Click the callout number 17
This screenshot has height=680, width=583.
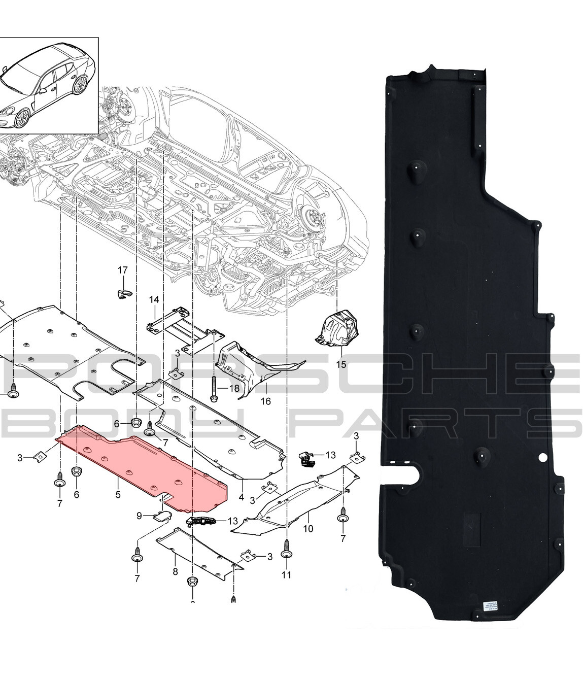[123, 270]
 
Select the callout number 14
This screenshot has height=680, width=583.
[154, 300]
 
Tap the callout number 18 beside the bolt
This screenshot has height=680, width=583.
[233, 389]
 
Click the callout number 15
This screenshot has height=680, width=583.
[340, 364]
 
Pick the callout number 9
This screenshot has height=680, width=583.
[139, 517]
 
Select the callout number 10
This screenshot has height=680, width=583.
[308, 529]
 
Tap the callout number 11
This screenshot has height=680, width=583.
[287, 574]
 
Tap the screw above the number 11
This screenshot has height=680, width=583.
[287, 553]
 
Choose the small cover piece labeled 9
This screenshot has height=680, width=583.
[162, 517]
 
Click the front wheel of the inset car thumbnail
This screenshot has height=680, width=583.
[22, 118]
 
